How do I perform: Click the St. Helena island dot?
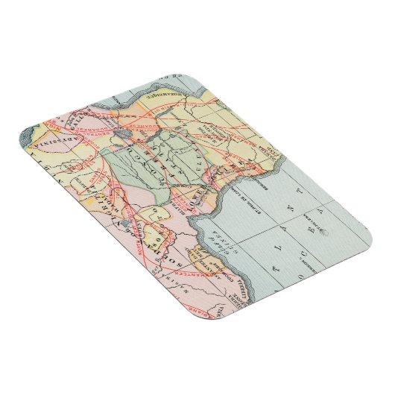coord(326,232)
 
